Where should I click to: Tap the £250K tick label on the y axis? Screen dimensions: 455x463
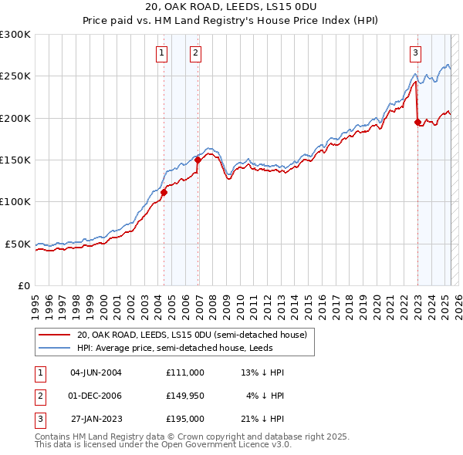point(15,76)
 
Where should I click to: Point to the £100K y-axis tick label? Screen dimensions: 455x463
point(15,202)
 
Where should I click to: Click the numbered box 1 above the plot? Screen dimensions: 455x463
point(161,52)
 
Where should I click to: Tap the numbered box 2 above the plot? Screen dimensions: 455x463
point(196,52)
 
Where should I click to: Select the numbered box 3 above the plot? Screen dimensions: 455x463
point(415,52)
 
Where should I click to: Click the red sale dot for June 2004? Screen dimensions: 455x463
point(164,193)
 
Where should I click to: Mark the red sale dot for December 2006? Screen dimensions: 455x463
point(198,160)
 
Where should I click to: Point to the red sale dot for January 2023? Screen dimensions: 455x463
point(417,122)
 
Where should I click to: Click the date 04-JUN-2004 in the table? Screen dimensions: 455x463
point(96,372)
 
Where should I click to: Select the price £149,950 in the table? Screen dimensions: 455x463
point(184,396)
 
